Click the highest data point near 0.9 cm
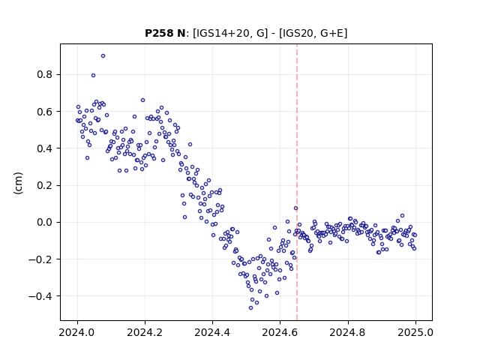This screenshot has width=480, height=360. [x=103, y=56]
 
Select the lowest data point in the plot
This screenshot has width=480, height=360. [x=250, y=308]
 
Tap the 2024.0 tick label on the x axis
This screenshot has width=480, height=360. [x=77, y=332]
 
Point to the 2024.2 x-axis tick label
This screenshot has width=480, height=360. [x=145, y=332]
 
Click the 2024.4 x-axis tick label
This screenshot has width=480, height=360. [x=212, y=332]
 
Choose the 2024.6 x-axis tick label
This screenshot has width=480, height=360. [x=280, y=332]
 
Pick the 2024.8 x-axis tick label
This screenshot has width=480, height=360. [x=348, y=332]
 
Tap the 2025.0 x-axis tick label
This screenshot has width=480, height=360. [x=415, y=332]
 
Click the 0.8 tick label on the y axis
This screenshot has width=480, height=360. [x=44, y=75]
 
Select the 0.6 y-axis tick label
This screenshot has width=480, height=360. [x=44, y=112]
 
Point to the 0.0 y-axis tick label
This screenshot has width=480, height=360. [x=44, y=222]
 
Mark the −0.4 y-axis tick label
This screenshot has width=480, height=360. [x=40, y=296]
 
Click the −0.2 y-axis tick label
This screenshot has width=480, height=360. [x=40, y=259]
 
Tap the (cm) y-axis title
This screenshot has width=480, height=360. [x=18, y=183]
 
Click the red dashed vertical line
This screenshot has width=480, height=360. [x=297, y=182]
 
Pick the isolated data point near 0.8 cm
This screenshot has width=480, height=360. [x=93, y=75]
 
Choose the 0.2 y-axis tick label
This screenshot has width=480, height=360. [x=44, y=185]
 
